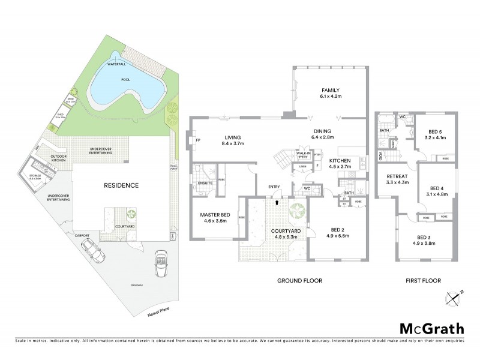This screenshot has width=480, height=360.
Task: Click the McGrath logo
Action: tap(432, 328)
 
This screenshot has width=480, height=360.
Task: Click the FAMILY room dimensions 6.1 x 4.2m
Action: tap(331, 96)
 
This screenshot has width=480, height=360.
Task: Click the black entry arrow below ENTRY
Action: tap(276, 203)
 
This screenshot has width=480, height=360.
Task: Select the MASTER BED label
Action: tap(215, 215)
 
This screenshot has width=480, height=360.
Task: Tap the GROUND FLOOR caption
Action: tap(299, 280)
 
